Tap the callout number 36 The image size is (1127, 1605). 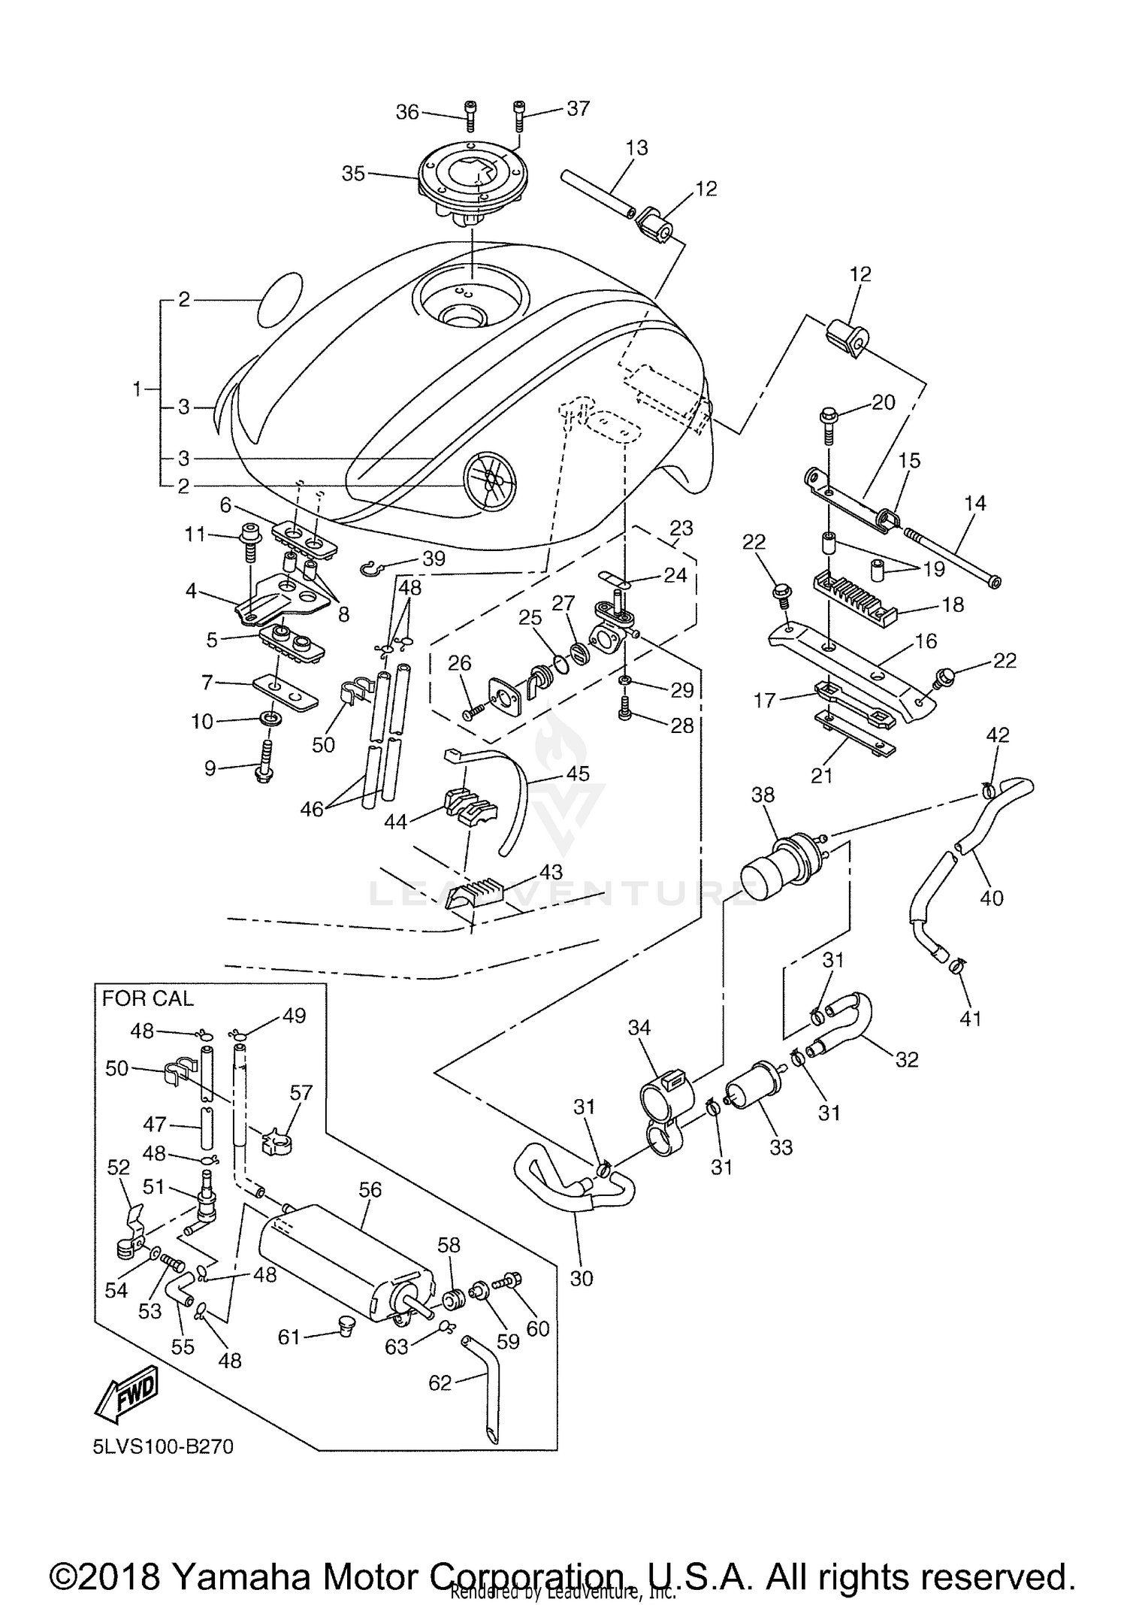click(407, 112)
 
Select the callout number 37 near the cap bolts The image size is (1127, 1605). click(578, 108)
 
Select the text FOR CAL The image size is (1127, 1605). click(147, 998)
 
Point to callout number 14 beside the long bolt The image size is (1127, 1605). click(974, 502)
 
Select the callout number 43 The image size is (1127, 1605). click(551, 872)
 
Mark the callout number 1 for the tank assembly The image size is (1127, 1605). click(137, 389)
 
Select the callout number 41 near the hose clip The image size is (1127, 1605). click(971, 1019)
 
